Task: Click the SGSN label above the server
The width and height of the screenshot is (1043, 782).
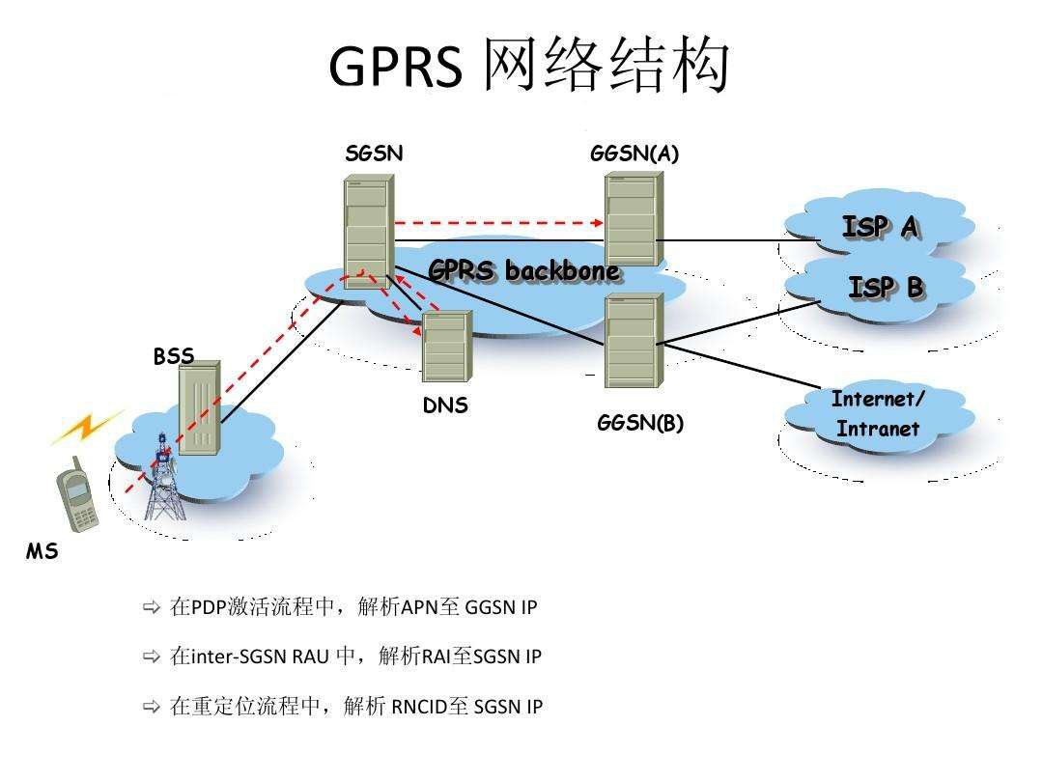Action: pyautogui.click(x=374, y=154)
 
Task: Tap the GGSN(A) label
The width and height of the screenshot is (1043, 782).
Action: pyautogui.click(x=634, y=154)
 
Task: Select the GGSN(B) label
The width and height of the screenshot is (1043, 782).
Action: pyautogui.click(x=640, y=423)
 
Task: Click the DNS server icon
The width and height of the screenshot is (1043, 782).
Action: pyautogui.click(x=446, y=345)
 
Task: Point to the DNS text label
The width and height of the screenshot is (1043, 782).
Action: pyautogui.click(x=445, y=405)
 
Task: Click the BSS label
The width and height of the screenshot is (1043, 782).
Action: pyautogui.click(x=174, y=356)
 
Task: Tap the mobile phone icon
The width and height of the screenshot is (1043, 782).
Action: pyautogui.click(x=77, y=498)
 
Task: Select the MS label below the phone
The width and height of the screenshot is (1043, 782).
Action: pyautogui.click(x=42, y=552)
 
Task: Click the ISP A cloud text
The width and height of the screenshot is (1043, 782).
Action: pyautogui.click(x=879, y=227)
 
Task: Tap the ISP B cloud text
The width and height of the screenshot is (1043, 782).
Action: pyautogui.click(x=885, y=287)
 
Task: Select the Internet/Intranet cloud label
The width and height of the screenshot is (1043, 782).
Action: pyautogui.click(x=878, y=414)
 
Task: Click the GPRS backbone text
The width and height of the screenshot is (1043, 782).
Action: pyautogui.click(x=523, y=271)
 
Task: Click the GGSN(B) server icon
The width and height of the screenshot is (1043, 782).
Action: pyautogui.click(x=634, y=341)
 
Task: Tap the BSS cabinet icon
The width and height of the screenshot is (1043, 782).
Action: pyautogui.click(x=199, y=405)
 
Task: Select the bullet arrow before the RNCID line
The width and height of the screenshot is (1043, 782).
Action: pyautogui.click(x=151, y=707)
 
